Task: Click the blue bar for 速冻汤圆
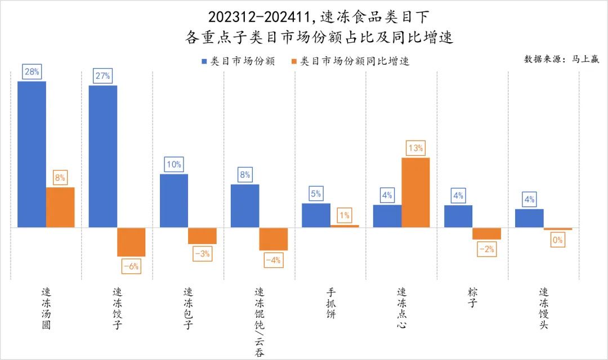coord(32,154)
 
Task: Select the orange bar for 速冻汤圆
coord(60,207)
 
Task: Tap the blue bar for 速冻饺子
coord(103,156)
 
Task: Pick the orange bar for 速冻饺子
coord(131,242)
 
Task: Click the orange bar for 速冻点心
coord(415,192)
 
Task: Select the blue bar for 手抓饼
coord(316,215)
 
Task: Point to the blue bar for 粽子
coord(458,216)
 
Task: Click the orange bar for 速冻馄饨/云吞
coord(274,238)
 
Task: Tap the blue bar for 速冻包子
coord(174,200)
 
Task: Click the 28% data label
coord(32,71)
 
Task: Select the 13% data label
coord(415,148)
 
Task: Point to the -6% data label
coord(131,266)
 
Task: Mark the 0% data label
coord(558,240)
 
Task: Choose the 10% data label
coord(173,164)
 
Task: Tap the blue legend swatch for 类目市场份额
coord(205,61)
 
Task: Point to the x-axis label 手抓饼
coord(330,304)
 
